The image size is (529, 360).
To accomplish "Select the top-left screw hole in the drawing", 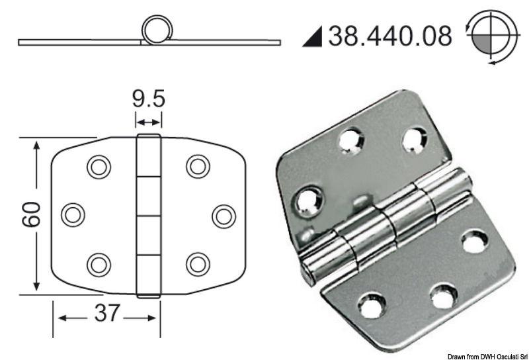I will click(99, 166).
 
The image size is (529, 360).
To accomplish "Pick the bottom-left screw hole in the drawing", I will click(99, 264).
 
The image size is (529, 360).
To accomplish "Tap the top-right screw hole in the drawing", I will click(198, 166).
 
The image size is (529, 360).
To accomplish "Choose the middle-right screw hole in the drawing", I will click(224, 215).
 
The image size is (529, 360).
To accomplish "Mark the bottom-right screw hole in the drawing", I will click(198, 264).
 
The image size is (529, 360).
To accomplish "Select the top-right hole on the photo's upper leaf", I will click(414, 140).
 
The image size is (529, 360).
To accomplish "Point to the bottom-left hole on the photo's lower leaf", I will click(373, 306).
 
